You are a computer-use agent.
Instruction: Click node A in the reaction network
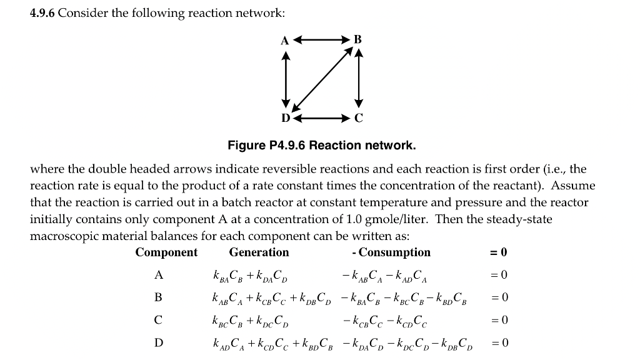pos(284,41)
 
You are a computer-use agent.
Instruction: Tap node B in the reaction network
pos(357,39)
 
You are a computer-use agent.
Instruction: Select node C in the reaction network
pos(358,117)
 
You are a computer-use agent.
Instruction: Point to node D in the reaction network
pos(285,117)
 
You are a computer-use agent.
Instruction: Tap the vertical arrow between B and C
pos(358,79)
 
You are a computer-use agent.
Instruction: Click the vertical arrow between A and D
pos(286,79)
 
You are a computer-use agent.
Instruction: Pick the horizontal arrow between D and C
pos(321,117)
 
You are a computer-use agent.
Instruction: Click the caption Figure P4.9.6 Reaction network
pos(321,146)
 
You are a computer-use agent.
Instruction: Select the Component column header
pos(166,252)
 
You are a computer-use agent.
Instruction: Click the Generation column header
pos(259,252)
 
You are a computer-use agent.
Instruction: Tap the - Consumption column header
pos(391,252)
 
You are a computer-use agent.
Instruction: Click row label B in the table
pos(158,297)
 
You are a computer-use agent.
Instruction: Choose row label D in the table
pos(158,342)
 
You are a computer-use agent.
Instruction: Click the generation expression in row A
pos(250,275)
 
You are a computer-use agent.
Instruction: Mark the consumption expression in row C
pos(384,320)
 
